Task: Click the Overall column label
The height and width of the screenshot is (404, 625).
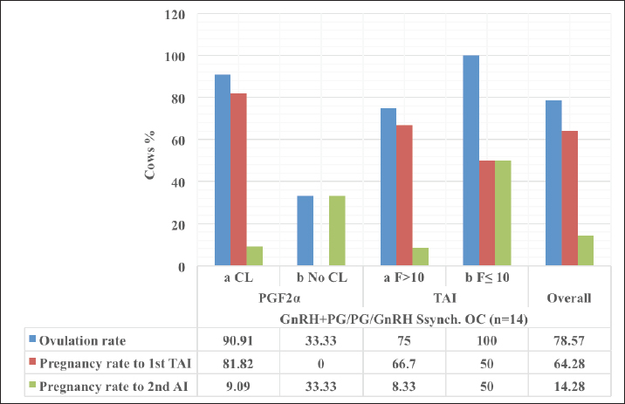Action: click(x=569, y=298)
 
